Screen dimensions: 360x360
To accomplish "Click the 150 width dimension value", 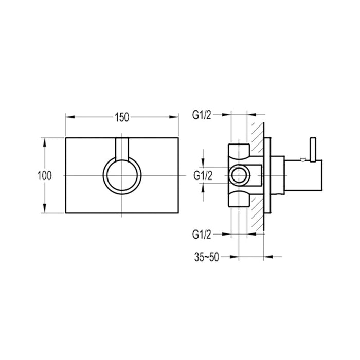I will point(121,117).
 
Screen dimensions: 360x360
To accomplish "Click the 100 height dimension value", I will point(45,175).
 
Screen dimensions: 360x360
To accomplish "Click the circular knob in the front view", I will point(122,176).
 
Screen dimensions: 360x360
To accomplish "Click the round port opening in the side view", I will point(238,175).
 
